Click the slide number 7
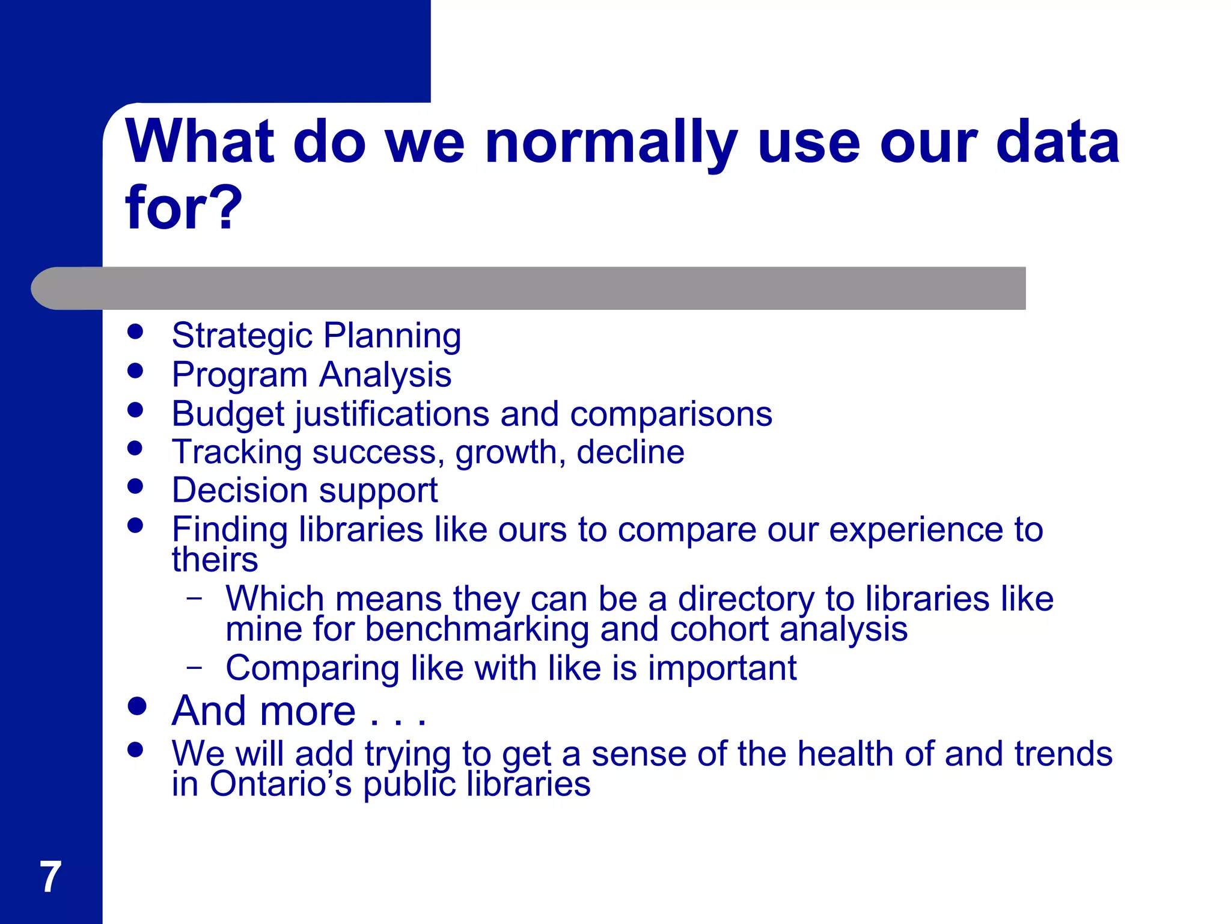point(50,877)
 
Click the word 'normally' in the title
point(611,143)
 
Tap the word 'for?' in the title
point(183,208)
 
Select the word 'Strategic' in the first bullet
point(242,336)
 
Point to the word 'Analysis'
point(385,375)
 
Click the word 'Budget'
point(228,414)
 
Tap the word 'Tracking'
point(237,452)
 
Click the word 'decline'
point(630,452)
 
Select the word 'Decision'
point(240,490)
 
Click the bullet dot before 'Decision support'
point(136,486)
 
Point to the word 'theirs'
point(215,559)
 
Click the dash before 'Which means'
point(194,598)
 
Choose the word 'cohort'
point(719,629)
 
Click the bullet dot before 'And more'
point(137,706)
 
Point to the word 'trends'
point(1063,754)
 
